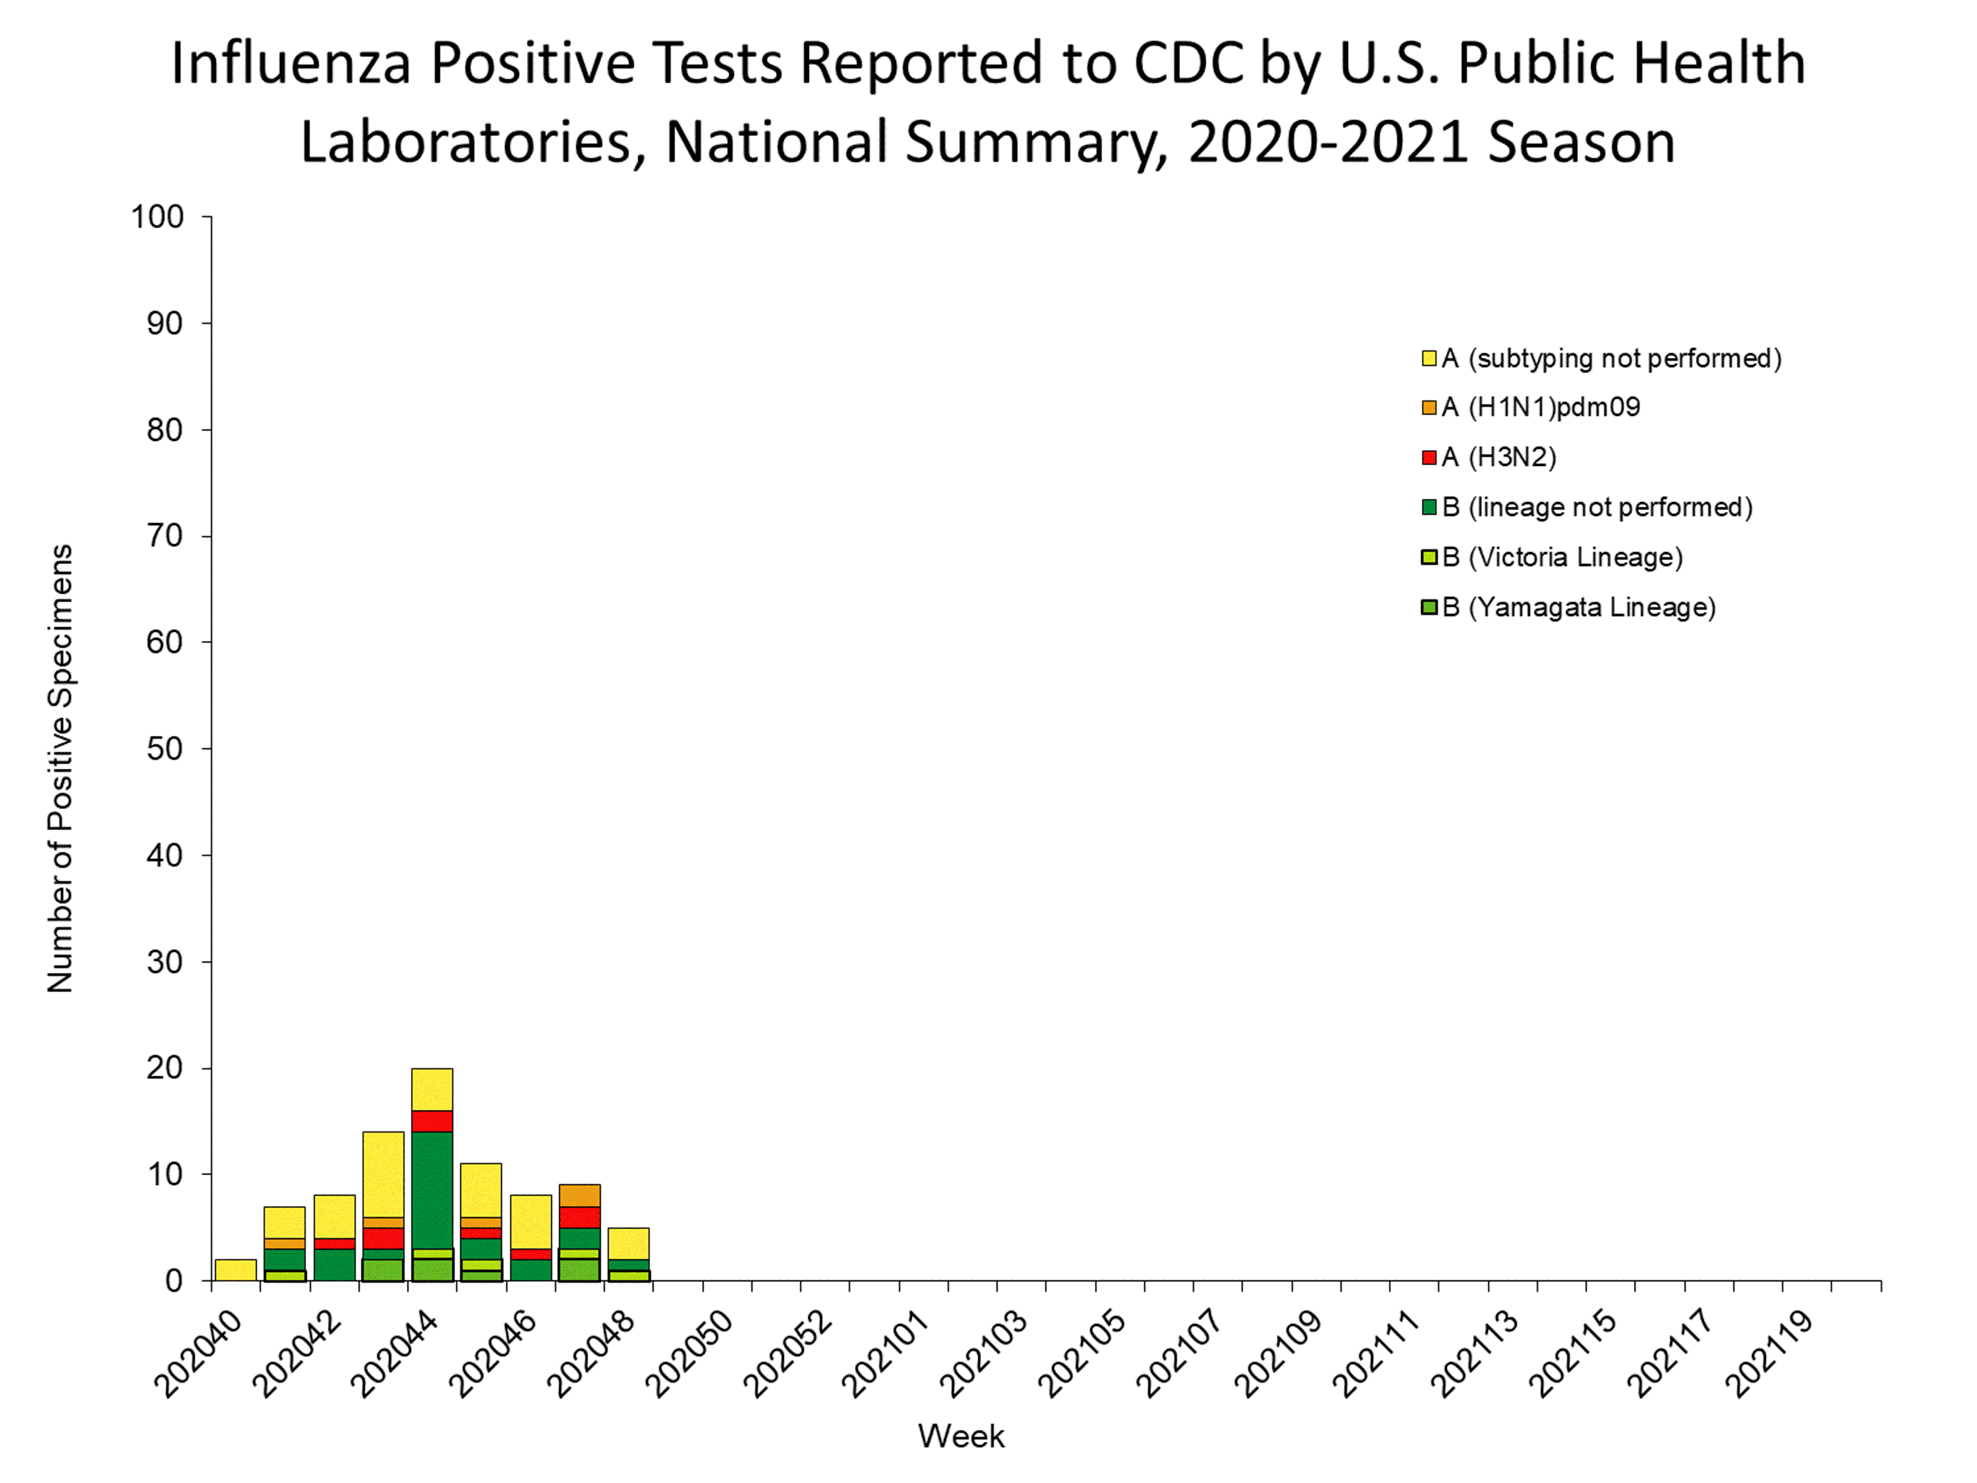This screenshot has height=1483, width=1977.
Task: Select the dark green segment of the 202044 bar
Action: (432, 1190)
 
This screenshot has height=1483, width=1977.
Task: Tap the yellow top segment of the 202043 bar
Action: (383, 1174)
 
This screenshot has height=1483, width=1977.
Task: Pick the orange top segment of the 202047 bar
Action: (579, 1195)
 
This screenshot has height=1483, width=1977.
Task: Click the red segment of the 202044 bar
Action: (432, 1121)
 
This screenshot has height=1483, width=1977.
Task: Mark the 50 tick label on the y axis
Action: (164, 749)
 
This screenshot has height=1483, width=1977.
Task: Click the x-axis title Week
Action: (961, 1436)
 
